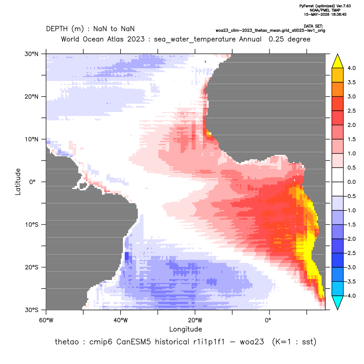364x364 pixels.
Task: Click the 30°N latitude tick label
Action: (31, 54)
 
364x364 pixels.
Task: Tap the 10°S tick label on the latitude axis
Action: (31, 225)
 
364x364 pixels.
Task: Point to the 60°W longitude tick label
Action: (46, 320)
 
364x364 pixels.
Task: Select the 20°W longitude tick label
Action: (195, 320)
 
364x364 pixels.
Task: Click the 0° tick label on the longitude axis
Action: (268, 320)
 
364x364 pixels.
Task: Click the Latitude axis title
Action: (18, 182)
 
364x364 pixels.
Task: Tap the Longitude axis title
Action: (185, 329)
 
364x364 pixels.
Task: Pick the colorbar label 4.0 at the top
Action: (351, 68)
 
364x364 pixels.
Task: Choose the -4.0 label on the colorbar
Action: (351, 296)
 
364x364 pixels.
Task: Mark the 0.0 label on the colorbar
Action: (351, 182)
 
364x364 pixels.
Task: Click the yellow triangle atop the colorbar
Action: (338, 61)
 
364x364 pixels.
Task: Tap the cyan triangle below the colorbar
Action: (338, 303)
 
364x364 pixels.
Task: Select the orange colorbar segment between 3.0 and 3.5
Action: (338, 89)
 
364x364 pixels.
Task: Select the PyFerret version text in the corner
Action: (325, 6)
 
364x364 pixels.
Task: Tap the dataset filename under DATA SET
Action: (270, 31)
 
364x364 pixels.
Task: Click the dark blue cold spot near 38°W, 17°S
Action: (127, 256)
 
